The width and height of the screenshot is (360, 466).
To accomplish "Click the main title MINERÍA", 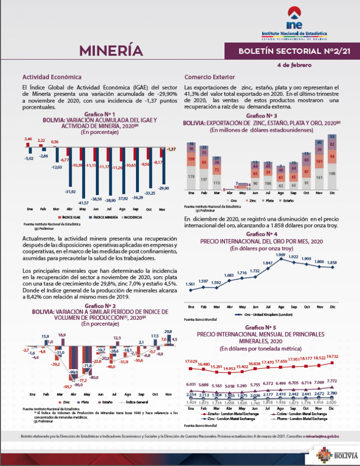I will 111,51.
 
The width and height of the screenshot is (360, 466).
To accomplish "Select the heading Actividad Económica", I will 52,77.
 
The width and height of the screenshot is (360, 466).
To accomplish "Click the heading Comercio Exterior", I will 209,77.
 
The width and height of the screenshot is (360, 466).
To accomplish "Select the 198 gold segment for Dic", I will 332,173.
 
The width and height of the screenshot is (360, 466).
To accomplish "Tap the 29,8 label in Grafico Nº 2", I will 168,332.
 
